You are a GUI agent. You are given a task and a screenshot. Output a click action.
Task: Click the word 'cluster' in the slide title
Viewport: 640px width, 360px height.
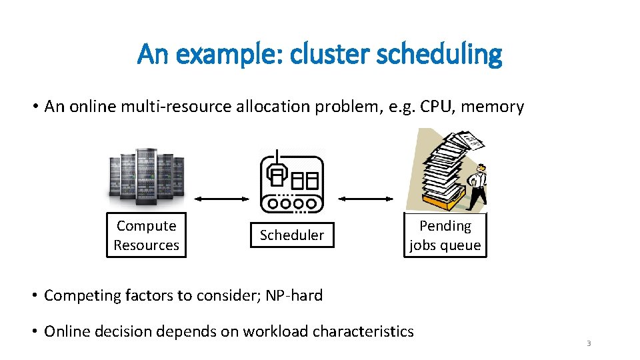tap(337, 54)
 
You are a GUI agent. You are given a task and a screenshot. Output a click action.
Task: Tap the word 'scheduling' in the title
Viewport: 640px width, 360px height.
tap(439, 54)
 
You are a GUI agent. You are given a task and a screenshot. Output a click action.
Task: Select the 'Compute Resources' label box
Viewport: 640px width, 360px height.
tap(146, 235)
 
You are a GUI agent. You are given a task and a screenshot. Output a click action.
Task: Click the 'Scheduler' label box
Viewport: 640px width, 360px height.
tap(291, 235)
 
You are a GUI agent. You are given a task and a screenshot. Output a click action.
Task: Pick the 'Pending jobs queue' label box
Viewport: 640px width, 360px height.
tap(445, 235)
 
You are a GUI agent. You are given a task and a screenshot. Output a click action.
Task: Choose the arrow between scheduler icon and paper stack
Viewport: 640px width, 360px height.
tap(366, 199)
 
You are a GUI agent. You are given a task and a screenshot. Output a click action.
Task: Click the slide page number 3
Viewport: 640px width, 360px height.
tap(589, 343)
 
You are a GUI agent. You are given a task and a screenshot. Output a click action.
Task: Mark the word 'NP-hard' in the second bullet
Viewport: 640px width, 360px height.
tap(294, 295)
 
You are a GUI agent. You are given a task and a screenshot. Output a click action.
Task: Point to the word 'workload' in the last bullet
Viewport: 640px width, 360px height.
tap(275, 331)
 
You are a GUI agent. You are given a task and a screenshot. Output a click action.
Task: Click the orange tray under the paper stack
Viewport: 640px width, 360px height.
tap(439, 200)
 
